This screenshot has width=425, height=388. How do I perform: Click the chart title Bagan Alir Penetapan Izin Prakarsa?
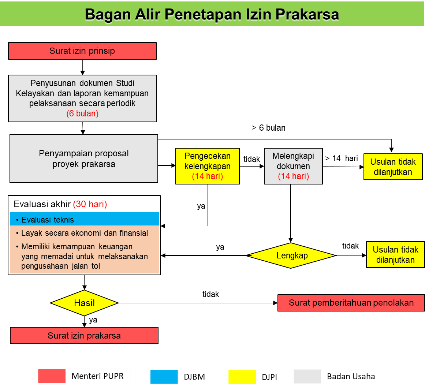212,14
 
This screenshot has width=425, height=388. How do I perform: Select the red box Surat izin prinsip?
82,51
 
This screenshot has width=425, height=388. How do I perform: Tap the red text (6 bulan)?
82,114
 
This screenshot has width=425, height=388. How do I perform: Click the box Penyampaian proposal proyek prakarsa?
84,158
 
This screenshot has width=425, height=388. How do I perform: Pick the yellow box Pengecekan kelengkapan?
208,166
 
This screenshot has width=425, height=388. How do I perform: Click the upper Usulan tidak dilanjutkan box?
393,167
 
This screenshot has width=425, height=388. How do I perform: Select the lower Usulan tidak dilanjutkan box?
395,255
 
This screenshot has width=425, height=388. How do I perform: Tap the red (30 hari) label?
90,204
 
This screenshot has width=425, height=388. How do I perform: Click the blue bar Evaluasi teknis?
85,220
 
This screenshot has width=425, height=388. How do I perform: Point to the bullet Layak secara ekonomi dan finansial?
85,233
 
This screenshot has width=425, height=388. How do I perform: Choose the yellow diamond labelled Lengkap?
291,255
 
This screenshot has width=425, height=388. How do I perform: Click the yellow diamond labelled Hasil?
84,303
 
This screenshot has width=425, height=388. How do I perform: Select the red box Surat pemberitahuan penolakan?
351,303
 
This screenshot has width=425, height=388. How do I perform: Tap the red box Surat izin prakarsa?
84,336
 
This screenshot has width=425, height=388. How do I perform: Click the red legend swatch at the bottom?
52,376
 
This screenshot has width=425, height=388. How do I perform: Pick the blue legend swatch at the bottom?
164,377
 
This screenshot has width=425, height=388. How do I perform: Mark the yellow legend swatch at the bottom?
242,377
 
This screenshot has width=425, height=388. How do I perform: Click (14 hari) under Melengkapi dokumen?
293,176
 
